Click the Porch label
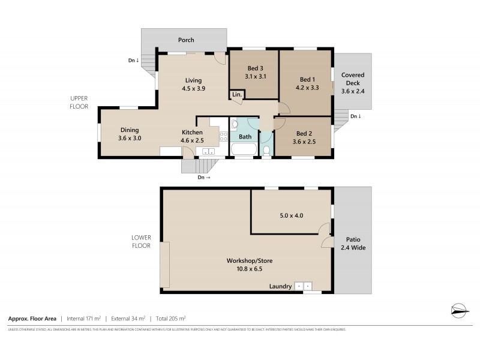tap(186, 40)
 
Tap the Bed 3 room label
tap(255, 68)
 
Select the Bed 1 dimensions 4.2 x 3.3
tap(307, 88)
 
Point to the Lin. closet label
tap(237, 95)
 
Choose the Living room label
tap(193, 80)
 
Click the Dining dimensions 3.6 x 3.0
tap(130, 138)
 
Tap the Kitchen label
tap(192, 133)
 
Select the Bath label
tap(245, 137)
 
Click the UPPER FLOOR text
tap(79, 102)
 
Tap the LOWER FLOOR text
tap(141, 241)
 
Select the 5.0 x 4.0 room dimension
tap(291, 215)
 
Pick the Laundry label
tap(281, 286)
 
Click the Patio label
tap(353, 239)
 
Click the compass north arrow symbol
tap(459, 310)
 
